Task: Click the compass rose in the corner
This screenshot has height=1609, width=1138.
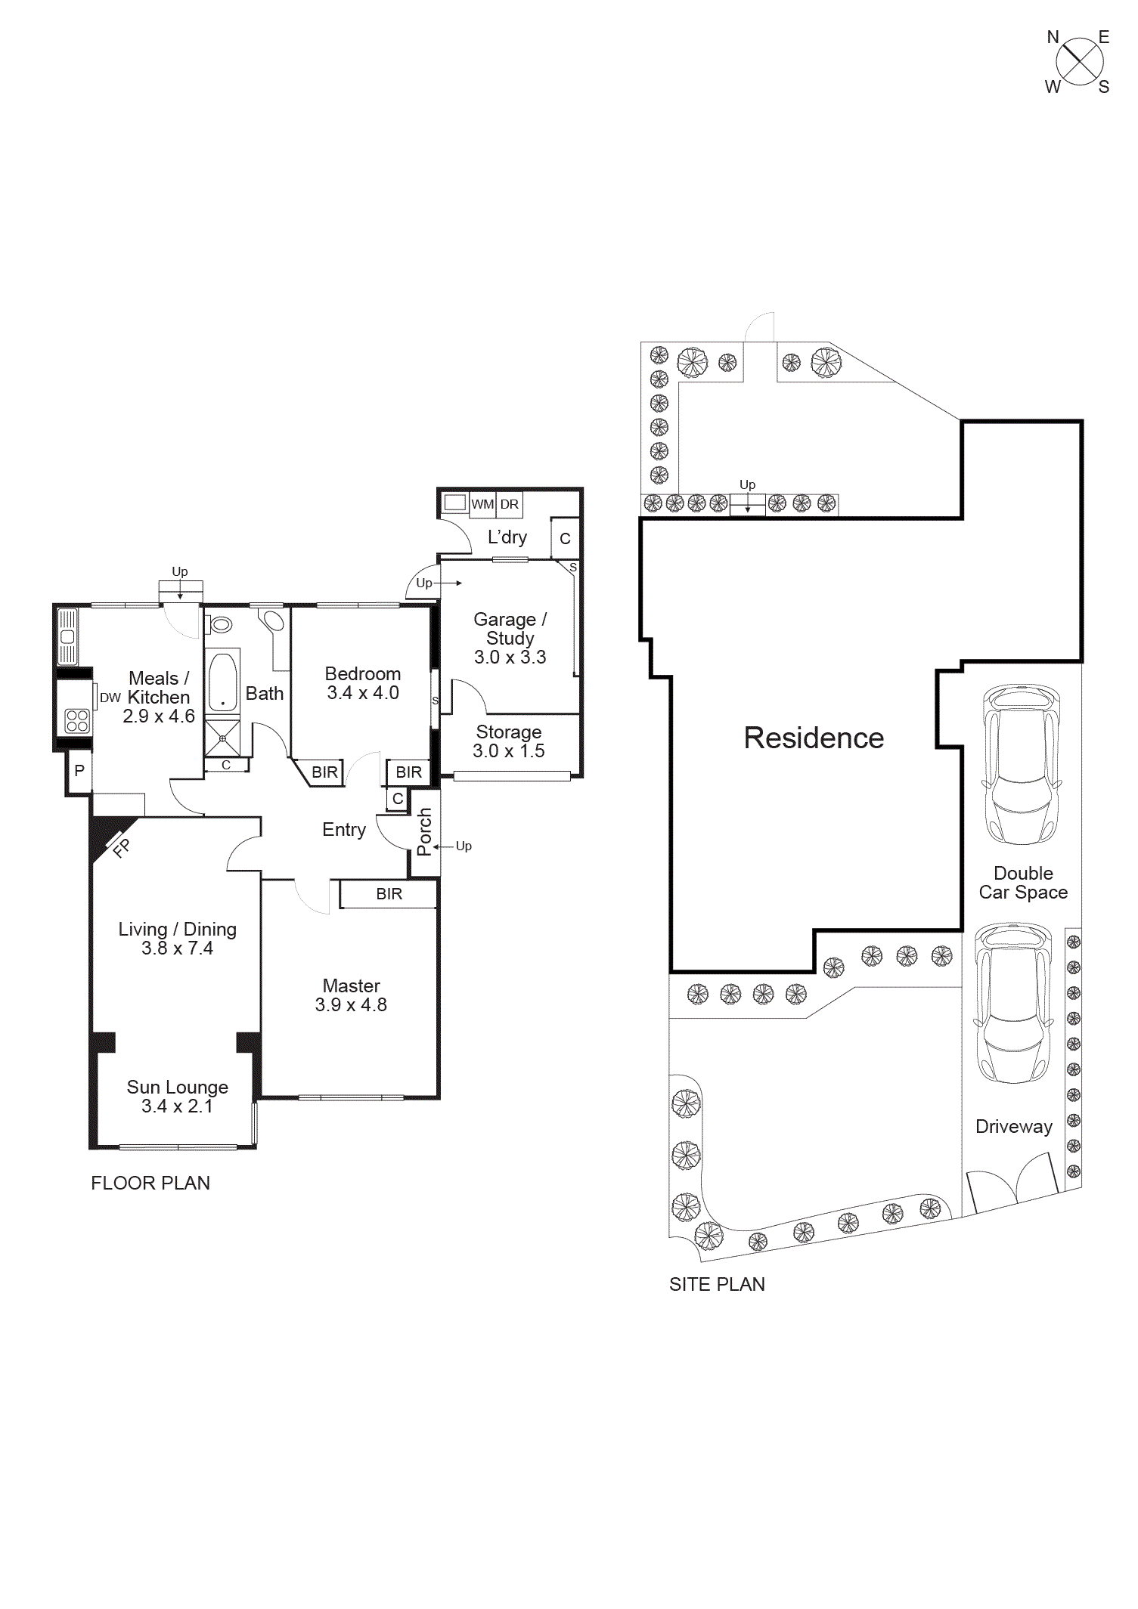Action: tap(1079, 62)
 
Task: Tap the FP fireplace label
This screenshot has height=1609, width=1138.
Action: tap(121, 848)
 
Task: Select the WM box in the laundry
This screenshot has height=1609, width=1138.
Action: tap(482, 504)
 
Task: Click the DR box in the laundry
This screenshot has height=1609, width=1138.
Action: tap(510, 504)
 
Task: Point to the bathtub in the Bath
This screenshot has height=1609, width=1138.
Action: tap(222, 682)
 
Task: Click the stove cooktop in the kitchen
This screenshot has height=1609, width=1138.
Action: tap(77, 720)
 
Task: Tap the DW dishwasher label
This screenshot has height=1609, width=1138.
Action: tap(110, 698)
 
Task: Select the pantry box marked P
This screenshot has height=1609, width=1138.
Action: tap(79, 771)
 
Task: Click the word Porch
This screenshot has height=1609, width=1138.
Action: tap(424, 831)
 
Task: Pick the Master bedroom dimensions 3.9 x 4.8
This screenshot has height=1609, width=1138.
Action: tap(351, 1005)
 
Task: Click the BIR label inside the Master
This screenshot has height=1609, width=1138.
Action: tap(389, 894)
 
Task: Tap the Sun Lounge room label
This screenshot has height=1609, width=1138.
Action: tap(177, 1087)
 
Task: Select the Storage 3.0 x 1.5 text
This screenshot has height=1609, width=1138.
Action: tap(509, 741)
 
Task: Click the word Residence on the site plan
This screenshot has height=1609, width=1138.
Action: tap(814, 738)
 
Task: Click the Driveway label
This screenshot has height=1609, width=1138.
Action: tap(1013, 1126)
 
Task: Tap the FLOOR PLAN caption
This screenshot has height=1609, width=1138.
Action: tap(150, 1183)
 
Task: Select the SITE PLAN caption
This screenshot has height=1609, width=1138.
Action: tap(717, 1284)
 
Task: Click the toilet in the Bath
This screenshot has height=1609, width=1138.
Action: tap(220, 625)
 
